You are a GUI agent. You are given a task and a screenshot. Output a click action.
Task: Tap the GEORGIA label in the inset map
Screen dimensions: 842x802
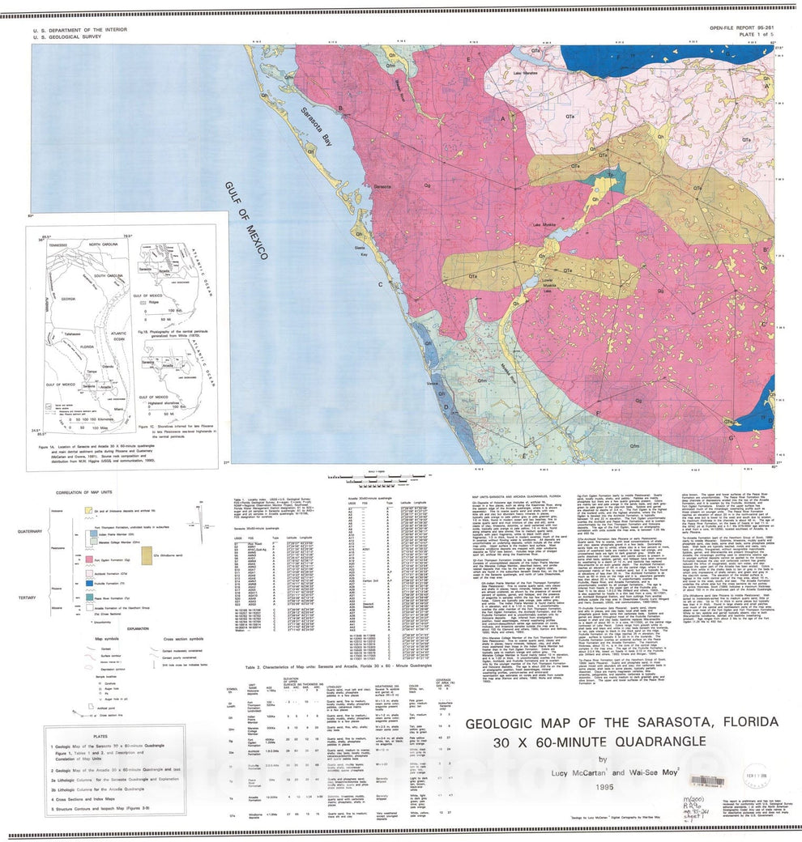[68, 299]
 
